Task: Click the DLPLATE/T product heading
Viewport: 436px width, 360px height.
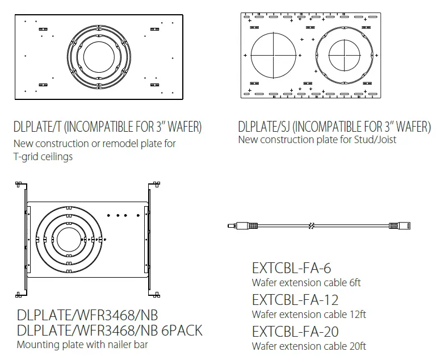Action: pos(107,126)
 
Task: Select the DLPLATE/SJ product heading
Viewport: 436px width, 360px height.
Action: pos(334,126)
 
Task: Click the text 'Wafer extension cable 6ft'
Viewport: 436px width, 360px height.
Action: pos(306,282)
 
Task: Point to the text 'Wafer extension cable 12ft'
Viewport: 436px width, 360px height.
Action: pos(308,314)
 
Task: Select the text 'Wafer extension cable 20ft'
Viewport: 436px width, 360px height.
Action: pos(309,346)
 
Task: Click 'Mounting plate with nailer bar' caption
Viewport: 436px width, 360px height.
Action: pos(82,344)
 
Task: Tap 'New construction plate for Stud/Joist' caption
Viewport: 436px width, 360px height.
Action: pos(317,140)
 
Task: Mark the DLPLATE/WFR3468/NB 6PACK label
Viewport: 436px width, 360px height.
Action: pos(110,330)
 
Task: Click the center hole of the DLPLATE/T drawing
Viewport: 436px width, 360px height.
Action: pos(99,57)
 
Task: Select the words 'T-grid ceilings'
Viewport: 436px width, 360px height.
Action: pos(43,157)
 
